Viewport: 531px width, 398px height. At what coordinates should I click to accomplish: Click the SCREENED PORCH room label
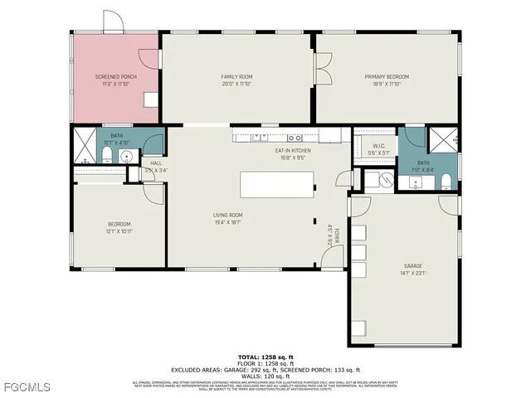click(116, 76)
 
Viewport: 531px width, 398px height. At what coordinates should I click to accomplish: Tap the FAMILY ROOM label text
click(236, 76)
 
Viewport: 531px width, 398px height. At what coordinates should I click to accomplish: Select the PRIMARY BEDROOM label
click(387, 76)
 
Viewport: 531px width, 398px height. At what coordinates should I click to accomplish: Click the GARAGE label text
click(412, 266)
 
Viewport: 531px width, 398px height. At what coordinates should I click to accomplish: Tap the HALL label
click(156, 163)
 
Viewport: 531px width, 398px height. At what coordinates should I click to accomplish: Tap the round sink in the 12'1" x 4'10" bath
click(126, 156)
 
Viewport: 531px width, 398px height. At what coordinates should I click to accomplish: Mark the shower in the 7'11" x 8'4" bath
click(446, 138)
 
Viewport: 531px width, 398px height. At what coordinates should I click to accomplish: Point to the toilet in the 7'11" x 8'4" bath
click(446, 182)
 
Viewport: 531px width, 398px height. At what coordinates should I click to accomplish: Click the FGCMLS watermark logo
click(27, 386)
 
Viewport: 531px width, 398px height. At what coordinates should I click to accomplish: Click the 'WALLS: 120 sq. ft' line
click(265, 375)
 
